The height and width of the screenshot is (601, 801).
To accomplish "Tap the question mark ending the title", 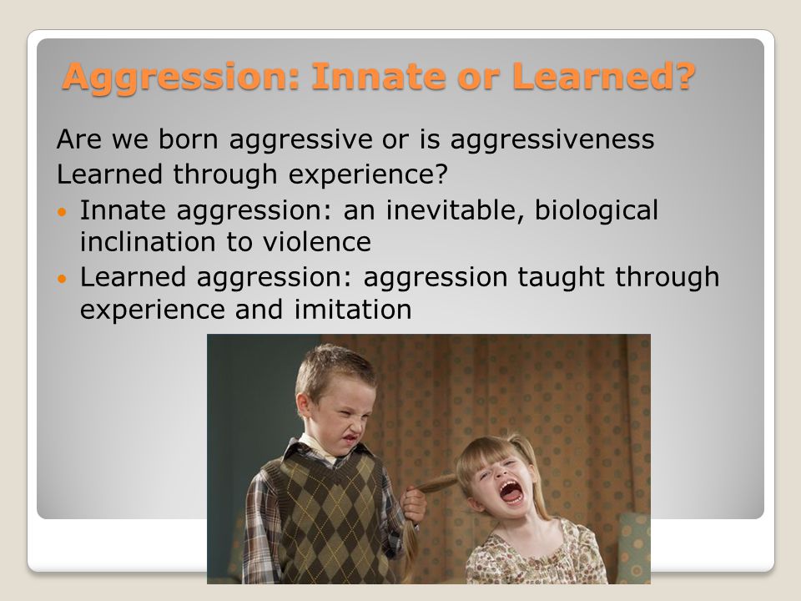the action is point(682,76).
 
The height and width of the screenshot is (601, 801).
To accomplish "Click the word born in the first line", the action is point(189,139).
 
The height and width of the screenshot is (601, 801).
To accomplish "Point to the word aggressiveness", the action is point(552,140).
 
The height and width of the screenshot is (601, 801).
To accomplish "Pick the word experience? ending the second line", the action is point(368,174).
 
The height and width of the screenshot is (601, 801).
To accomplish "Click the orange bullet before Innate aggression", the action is point(63,211).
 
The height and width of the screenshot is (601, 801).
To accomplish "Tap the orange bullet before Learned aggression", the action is point(63,279).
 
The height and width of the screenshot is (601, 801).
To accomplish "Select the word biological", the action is point(596,210).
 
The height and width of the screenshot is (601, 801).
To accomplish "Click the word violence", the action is point(317,242).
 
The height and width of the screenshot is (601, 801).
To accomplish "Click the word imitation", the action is point(352,309).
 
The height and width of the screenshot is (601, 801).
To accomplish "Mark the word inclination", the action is point(148,242).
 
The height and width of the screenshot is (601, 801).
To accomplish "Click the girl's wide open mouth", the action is point(511,492).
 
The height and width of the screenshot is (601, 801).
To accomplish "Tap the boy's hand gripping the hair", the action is point(413,505).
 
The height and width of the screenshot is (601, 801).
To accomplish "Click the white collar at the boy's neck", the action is point(318,446).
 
